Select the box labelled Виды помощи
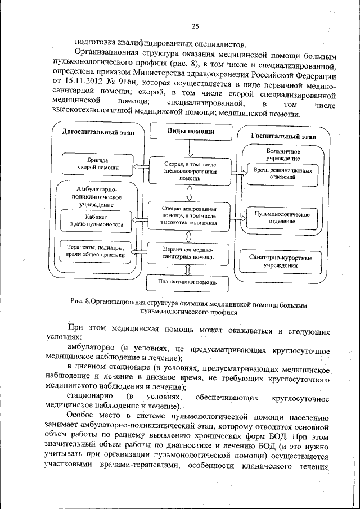[x=191, y=132]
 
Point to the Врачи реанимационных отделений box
[x=282, y=173]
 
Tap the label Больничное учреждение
[x=282, y=155]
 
